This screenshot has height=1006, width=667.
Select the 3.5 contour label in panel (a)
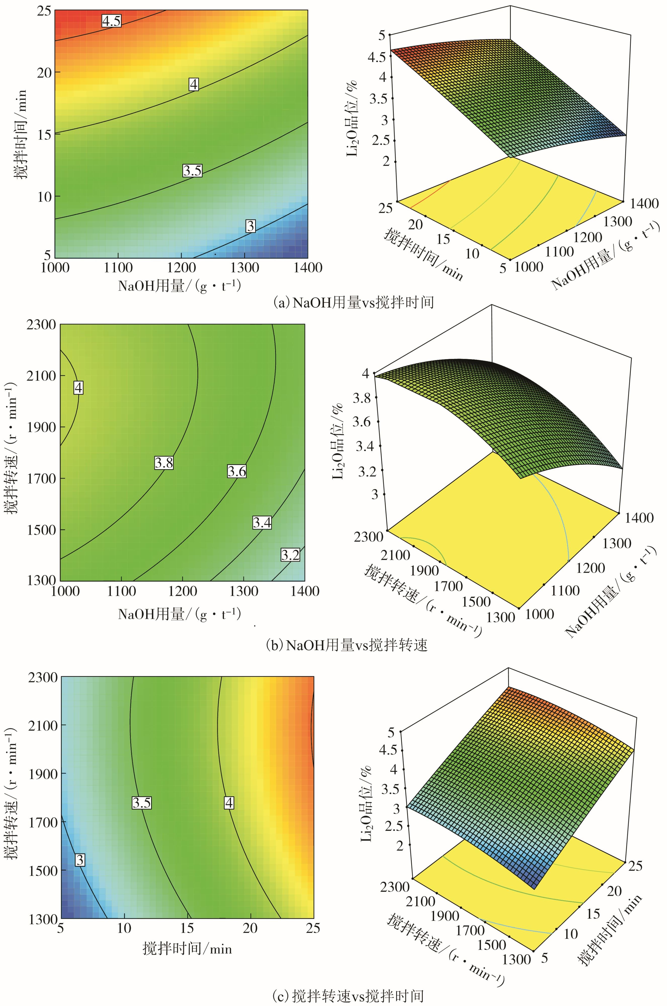pos(192,171)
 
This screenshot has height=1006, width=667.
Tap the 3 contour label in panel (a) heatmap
pos(251,226)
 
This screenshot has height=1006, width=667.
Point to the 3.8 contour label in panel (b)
pos(164,463)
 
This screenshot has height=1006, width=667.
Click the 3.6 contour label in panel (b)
pos(236,471)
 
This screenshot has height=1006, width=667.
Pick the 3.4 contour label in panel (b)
pos(262,522)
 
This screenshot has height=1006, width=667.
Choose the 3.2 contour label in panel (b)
pos(290,555)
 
